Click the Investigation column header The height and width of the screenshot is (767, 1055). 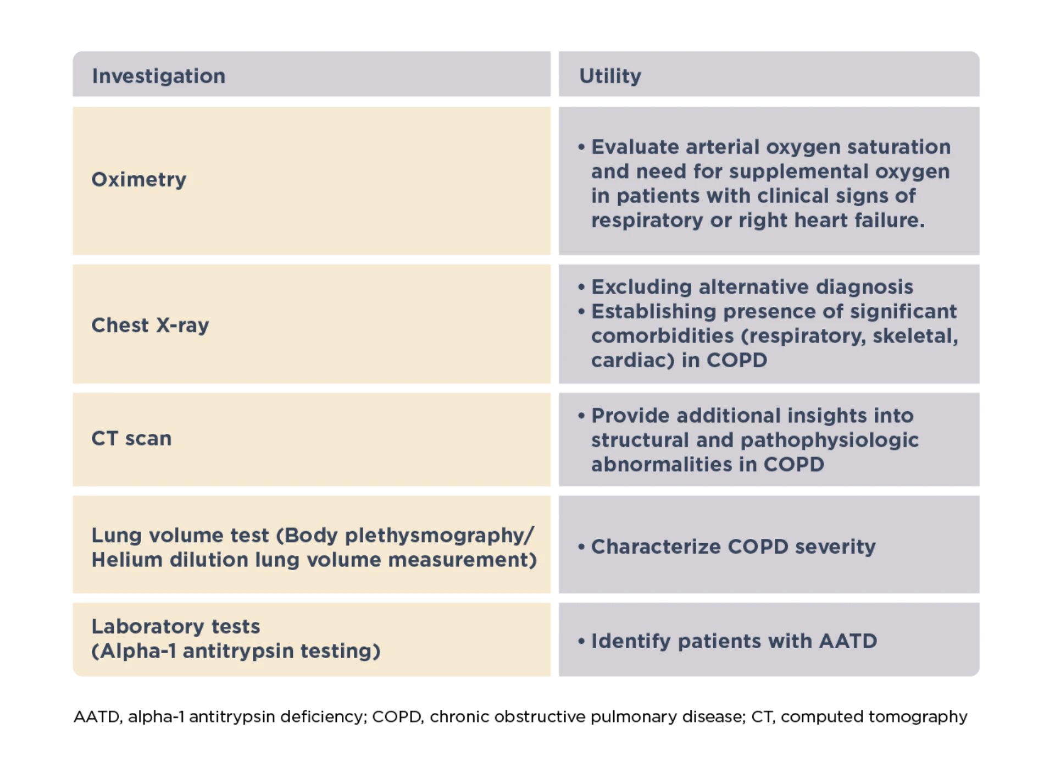pos(159,76)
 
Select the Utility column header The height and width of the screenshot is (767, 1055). pos(610,76)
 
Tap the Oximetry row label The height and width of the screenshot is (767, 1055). pos(139,180)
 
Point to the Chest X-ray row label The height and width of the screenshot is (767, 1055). pos(150,325)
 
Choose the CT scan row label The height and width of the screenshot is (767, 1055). pos(131,438)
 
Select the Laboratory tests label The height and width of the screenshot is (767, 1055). pos(176,626)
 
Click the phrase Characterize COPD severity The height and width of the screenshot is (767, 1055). pos(734,547)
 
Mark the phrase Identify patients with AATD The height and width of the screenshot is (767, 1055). pos(734,641)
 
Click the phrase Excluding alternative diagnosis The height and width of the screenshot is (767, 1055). pos(752,287)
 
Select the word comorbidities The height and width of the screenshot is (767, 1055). pos(662,335)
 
